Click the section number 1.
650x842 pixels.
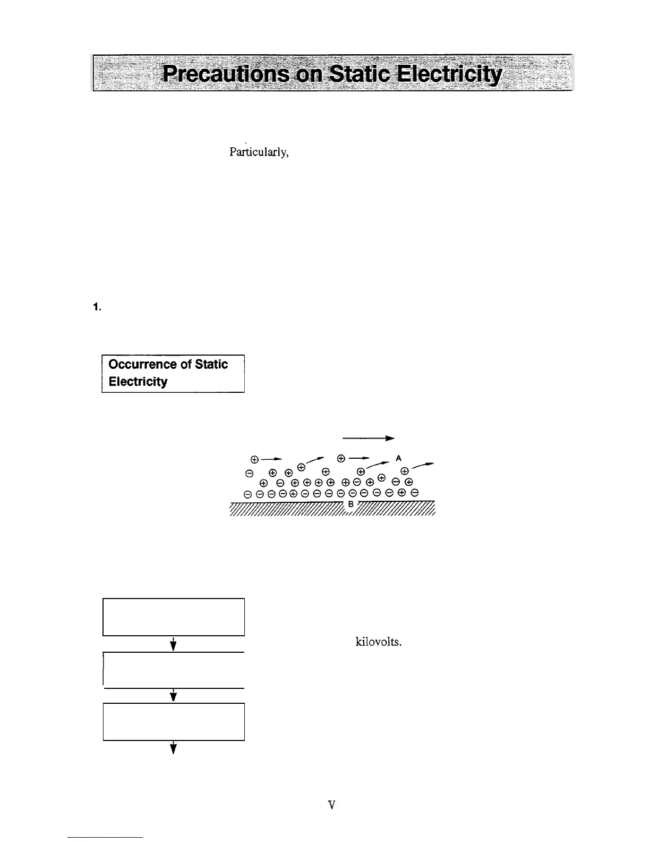tap(97, 307)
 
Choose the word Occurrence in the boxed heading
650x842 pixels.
tap(141, 364)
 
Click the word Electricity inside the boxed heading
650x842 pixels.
tap(138, 382)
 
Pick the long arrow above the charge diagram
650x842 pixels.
tap(367, 439)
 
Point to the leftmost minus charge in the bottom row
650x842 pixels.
tap(247, 494)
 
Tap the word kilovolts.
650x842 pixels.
tap(378, 642)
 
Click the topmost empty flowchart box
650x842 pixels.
tap(173, 617)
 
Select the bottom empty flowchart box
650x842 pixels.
tap(173, 721)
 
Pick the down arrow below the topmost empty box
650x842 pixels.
tap(173, 644)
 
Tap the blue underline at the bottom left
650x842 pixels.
tap(105, 837)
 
